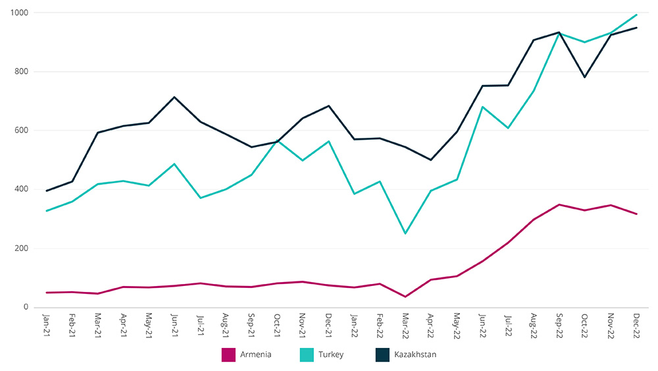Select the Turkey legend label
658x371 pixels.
point(330,355)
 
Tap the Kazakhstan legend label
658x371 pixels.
point(415,355)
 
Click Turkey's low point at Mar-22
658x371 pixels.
point(405,233)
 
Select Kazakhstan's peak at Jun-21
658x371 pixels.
point(174,98)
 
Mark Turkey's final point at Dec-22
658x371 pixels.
point(636,14)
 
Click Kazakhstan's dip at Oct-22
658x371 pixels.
point(585,77)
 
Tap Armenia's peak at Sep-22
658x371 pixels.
point(559,205)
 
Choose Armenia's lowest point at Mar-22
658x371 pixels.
point(405,297)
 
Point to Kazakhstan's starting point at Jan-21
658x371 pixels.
point(46,191)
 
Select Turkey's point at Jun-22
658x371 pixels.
point(482,107)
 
